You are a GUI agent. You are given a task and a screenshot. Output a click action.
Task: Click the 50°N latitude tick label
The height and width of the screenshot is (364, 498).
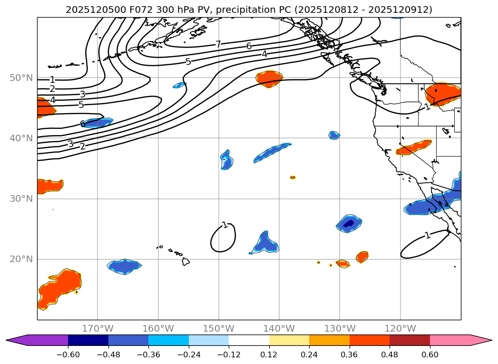coord(20,78)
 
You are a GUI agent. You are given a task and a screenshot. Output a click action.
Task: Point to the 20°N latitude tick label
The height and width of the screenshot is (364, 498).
coord(20,259)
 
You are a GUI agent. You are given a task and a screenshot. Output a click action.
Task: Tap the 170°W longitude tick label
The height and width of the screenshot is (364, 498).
coord(98,329)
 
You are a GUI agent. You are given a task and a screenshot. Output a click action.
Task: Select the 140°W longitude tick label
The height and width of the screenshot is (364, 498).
coord(279,329)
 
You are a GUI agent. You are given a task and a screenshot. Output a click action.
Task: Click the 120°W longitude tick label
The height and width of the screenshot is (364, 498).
coord(400,329)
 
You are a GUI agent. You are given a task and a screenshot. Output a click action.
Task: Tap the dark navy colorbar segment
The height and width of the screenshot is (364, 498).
coord(88,340)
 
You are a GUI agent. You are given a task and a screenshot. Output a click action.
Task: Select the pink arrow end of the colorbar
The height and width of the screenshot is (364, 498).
coord(481,340)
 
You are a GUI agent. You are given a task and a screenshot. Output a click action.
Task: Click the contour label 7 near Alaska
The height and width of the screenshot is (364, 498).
coord(218,44)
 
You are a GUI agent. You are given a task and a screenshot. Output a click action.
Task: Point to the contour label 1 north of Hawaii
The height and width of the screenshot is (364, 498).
coord(224,225)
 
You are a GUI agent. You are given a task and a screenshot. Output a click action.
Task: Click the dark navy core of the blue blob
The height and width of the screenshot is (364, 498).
coord(349,223)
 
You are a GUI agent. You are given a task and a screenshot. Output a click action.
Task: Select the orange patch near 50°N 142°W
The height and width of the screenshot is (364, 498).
coord(269,78)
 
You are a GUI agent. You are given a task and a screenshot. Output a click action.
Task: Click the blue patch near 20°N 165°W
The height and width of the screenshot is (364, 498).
coord(125,266)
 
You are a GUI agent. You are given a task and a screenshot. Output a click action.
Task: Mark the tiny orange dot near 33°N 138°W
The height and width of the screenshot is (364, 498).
coord(293,177)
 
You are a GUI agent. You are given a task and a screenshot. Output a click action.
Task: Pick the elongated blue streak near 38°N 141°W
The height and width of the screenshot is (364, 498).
coord(272,153)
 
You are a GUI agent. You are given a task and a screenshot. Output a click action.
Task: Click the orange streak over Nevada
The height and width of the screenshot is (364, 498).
coord(413,148)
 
